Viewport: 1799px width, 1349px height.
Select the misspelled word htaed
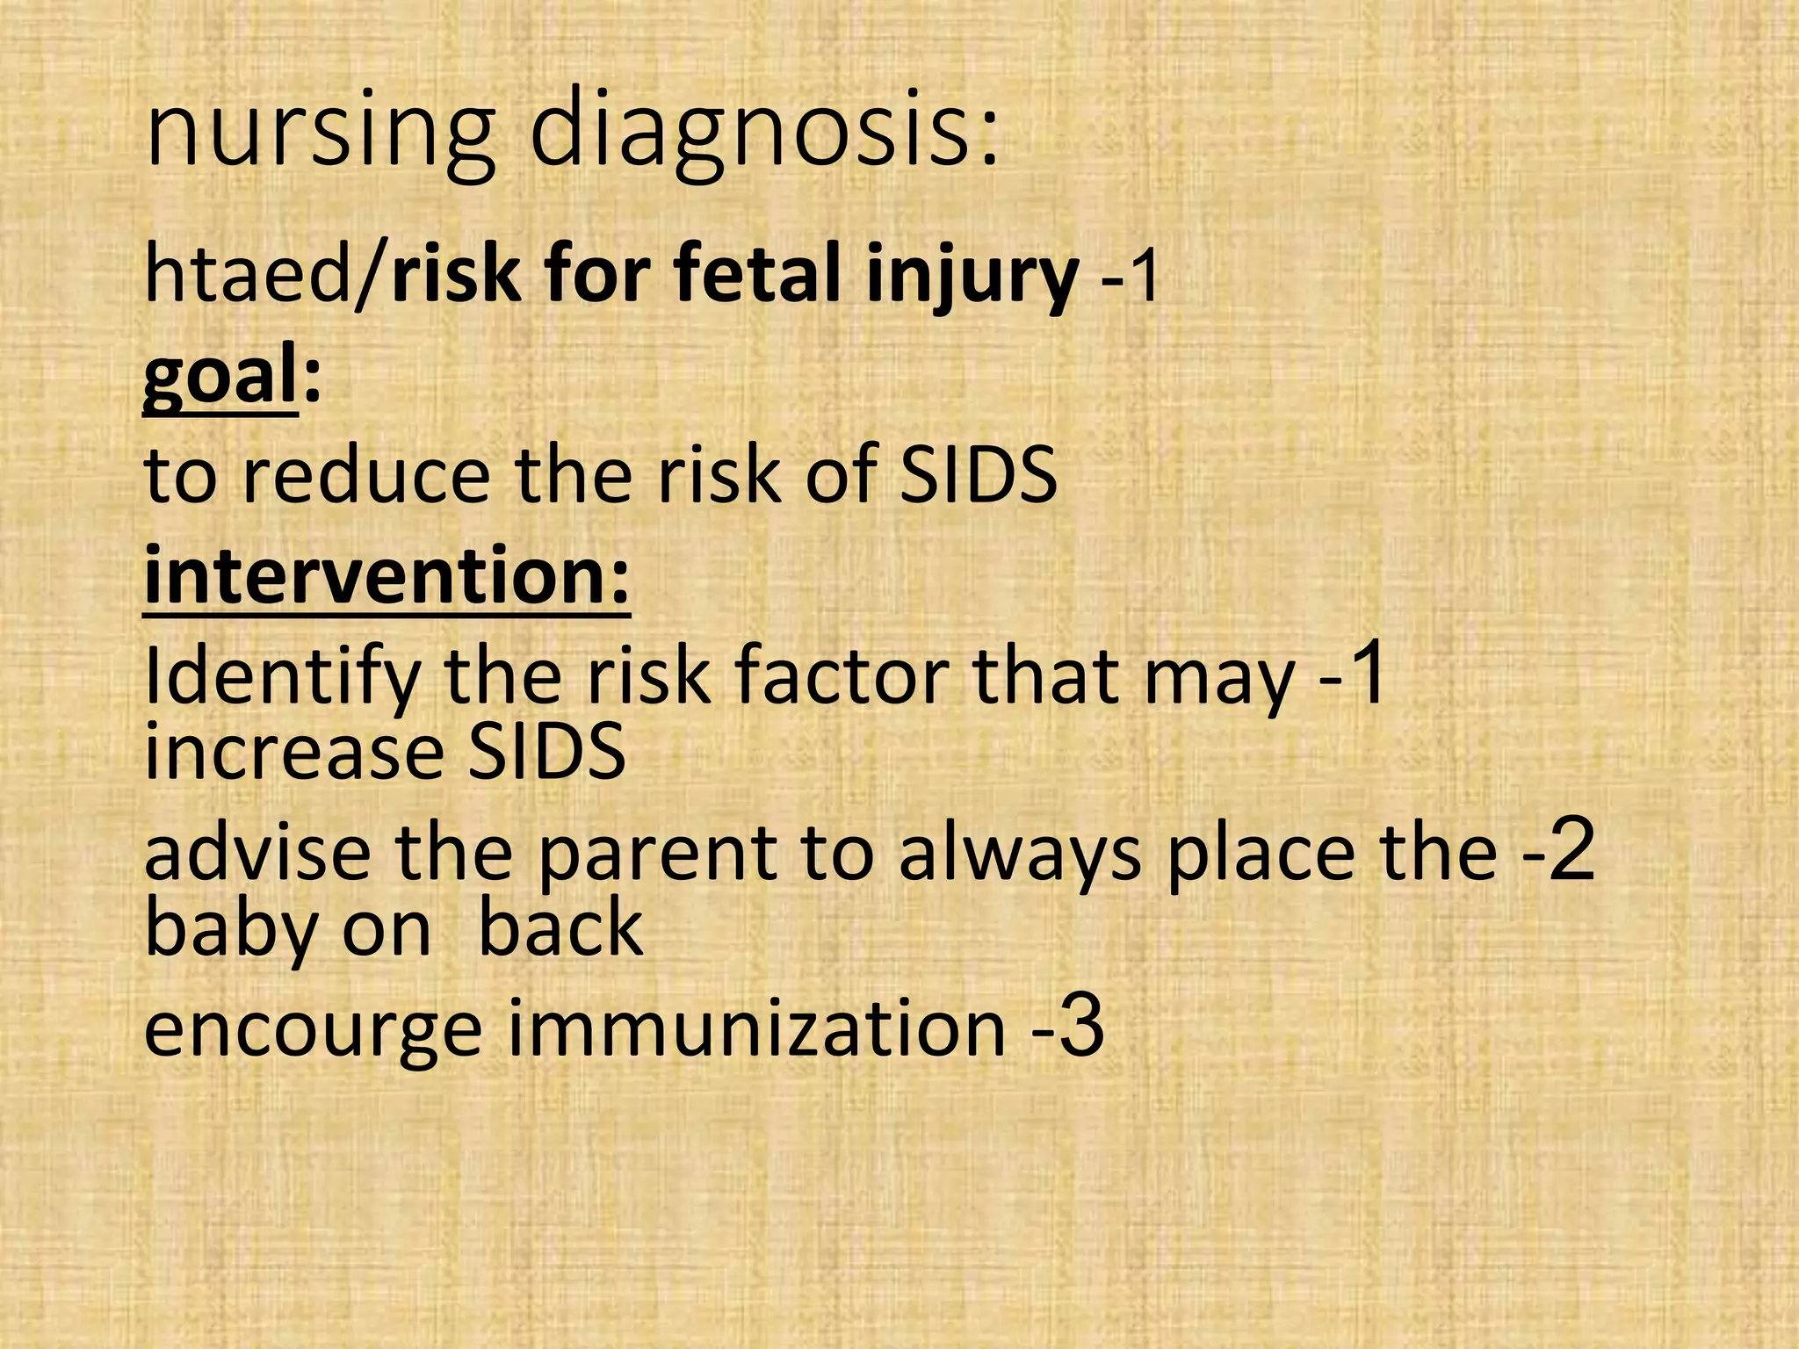(x=247, y=275)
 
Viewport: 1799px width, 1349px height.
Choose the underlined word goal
(x=220, y=375)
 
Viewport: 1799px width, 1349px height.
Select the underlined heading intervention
(x=387, y=575)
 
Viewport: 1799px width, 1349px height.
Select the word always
(x=1019, y=854)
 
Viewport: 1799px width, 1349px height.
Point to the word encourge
(x=313, y=1029)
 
